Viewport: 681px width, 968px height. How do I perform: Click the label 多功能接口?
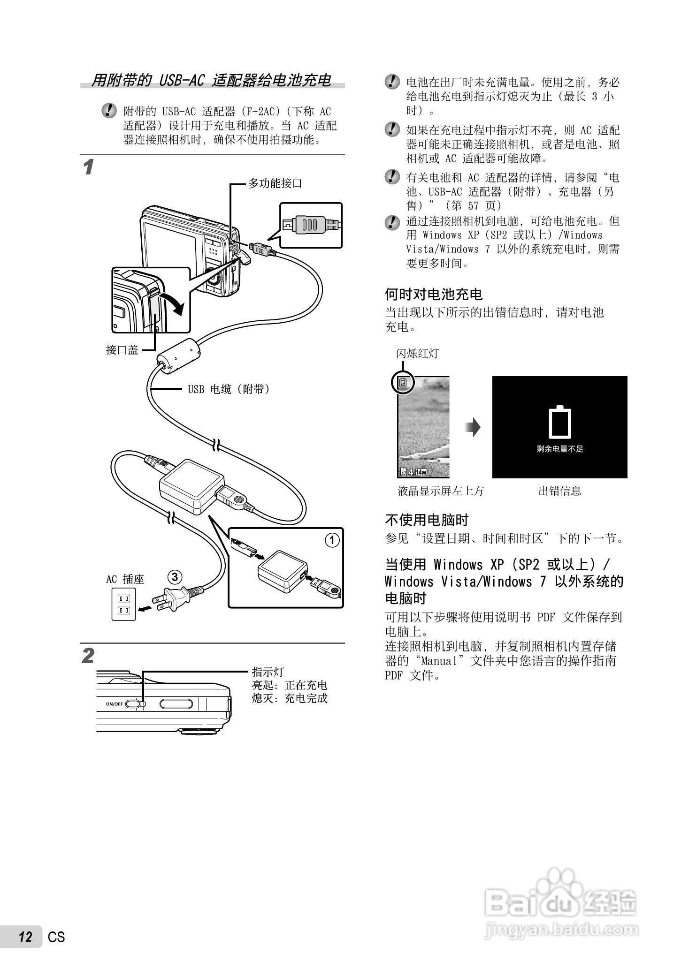pyautogui.click(x=275, y=183)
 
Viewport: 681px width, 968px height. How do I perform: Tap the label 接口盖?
pyautogui.click(x=122, y=350)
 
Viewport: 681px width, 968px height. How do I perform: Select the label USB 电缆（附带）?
pyautogui.click(x=229, y=389)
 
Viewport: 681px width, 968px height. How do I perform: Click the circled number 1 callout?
pyautogui.click(x=332, y=540)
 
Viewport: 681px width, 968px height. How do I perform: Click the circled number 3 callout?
pyautogui.click(x=175, y=577)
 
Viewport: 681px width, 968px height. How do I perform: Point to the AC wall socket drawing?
pyautogui.click(x=123, y=604)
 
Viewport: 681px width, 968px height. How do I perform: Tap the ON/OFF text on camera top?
pyautogui.click(x=114, y=704)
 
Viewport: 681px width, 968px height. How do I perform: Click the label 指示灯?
pyautogui.click(x=268, y=672)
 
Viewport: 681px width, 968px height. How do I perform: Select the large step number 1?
pyautogui.click(x=88, y=167)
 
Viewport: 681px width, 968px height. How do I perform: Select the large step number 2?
pyautogui.click(x=88, y=656)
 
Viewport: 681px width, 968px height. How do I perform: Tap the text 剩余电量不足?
pyautogui.click(x=560, y=449)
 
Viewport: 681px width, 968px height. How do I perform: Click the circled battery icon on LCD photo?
pyautogui.click(x=403, y=383)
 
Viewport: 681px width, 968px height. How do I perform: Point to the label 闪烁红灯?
pyautogui.click(x=417, y=354)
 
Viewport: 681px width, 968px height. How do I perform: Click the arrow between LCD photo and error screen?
pyautogui.click(x=473, y=427)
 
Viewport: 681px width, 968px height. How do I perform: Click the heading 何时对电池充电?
pyautogui.click(x=434, y=295)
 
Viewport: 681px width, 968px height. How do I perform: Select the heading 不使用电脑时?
pyautogui.click(x=427, y=520)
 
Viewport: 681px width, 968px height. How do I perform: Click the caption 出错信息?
pyautogui.click(x=559, y=491)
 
